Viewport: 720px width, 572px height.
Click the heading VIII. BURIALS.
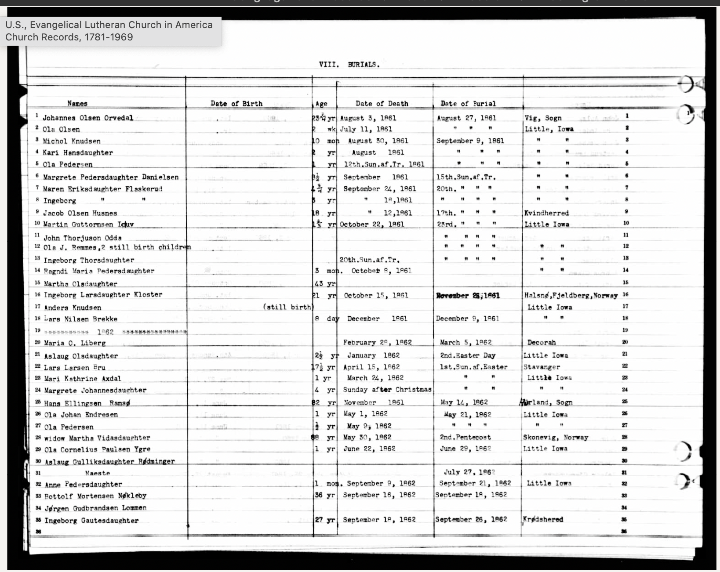(349, 65)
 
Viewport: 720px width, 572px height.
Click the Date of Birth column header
(236, 104)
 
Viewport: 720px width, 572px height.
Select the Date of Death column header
(382, 104)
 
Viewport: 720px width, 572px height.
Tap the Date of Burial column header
(468, 104)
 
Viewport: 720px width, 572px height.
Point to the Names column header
(77, 104)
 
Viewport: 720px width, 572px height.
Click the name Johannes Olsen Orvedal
(87, 118)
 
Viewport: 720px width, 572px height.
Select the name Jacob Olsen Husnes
(80, 213)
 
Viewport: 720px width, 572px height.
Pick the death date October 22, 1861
(372, 224)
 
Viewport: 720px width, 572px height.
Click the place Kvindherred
(546, 213)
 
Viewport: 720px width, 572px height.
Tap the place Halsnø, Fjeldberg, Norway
(571, 295)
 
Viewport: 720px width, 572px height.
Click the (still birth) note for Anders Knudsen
(287, 307)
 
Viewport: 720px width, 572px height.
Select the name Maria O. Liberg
(75, 343)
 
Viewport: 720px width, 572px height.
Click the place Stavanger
(542, 367)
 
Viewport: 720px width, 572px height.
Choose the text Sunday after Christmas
(387, 390)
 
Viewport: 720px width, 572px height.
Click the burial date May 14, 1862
(464, 402)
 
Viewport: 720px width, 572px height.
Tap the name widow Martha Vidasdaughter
(97, 438)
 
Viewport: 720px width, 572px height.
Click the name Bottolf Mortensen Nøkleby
(95, 496)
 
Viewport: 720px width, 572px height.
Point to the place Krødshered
(543, 519)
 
